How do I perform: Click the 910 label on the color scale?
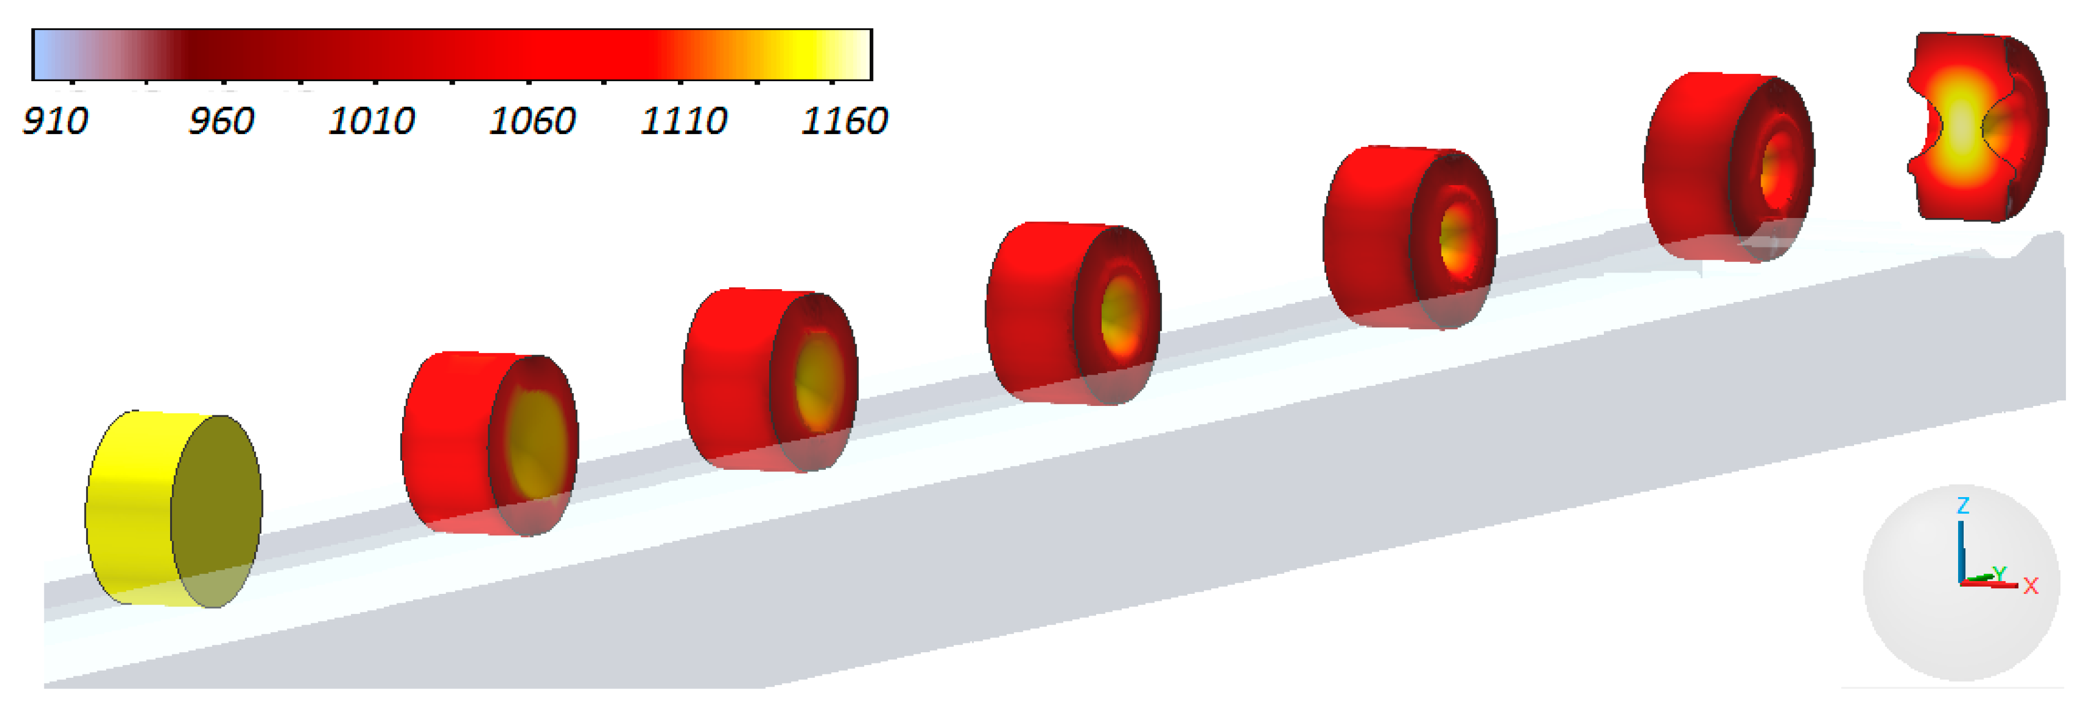pyautogui.click(x=55, y=121)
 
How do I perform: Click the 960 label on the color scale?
pyautogui.click(x=221, y=121)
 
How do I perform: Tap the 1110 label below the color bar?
pyautogui.click(x=683, y=121)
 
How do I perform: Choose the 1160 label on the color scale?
pyautogui.click(x=844, y=121)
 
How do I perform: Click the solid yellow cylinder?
pyautogui.click(x=174, y=509)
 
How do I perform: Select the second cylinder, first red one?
pyautogui.click(x=489, y=443)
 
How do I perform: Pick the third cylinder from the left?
pyautogui.click(x=770, y=379)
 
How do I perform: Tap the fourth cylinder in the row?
pyautogui.click(x=1073, y=313)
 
